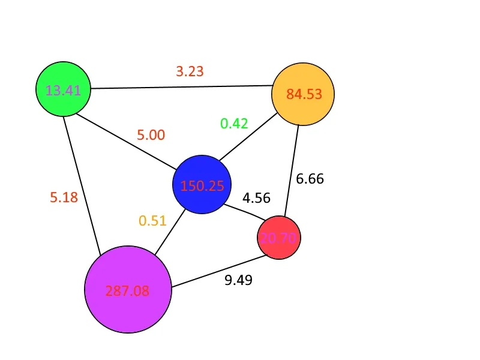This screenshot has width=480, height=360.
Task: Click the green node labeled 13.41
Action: [64, 89]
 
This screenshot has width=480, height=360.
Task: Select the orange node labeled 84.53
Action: [303, 94]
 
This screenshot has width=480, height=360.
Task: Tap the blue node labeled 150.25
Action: [202, 185]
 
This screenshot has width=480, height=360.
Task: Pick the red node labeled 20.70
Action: [279, 238]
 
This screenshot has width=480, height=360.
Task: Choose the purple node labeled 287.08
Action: [128, 289]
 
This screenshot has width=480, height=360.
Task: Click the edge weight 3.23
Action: [190, 71]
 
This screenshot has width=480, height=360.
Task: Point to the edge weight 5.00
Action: [151, 134]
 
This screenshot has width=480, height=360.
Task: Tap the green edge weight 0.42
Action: [234, 124]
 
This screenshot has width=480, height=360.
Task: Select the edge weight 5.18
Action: [64, 197]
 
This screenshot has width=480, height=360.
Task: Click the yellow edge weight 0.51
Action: [152, 220]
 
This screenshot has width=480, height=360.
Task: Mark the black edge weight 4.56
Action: [257, 198]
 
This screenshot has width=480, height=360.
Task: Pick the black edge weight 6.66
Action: [310, 179]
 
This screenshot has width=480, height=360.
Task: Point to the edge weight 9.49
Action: [238, 280]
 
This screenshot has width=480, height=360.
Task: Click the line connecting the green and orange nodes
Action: [182, 87]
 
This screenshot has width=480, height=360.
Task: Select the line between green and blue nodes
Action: [126, 142]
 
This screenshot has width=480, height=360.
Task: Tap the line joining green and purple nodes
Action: [82, 186]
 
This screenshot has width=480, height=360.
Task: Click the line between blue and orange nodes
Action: [248, 137]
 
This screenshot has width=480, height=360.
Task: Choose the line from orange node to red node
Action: [292, 170]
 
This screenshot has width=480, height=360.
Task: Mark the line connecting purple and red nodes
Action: [220, 271]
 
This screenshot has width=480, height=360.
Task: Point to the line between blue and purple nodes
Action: [170, 232]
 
